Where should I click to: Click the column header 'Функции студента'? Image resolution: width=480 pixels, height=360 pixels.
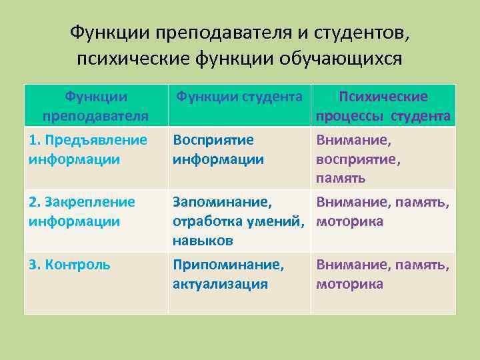(239, 97)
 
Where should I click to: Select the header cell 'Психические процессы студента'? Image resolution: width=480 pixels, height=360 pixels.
(383, 107)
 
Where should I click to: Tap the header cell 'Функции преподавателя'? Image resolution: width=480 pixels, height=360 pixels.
(95, 107)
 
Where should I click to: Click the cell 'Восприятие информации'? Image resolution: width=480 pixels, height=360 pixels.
(218, 149)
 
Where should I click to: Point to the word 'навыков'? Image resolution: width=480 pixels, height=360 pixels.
(203, 240)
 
